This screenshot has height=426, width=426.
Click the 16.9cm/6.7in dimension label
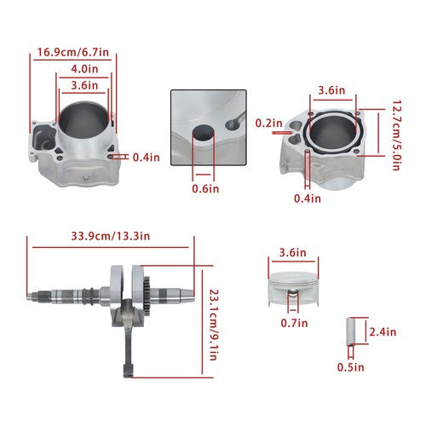tap(73, 52)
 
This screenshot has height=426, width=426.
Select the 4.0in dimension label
tap(84, 69)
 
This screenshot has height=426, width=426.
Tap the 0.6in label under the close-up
tap(205, 188)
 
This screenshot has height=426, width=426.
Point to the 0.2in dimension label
tap(268, 123)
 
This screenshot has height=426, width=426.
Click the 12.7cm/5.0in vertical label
tap(396, 135)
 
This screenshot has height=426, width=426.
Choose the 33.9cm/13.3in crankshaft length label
tap(111, 236)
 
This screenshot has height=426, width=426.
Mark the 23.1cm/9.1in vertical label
tap(214, 325)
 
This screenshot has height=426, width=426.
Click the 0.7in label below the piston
tap(294, 323)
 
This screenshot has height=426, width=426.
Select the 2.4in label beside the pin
tap(383, 331)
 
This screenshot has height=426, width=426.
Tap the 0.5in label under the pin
tap(350, 367)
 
